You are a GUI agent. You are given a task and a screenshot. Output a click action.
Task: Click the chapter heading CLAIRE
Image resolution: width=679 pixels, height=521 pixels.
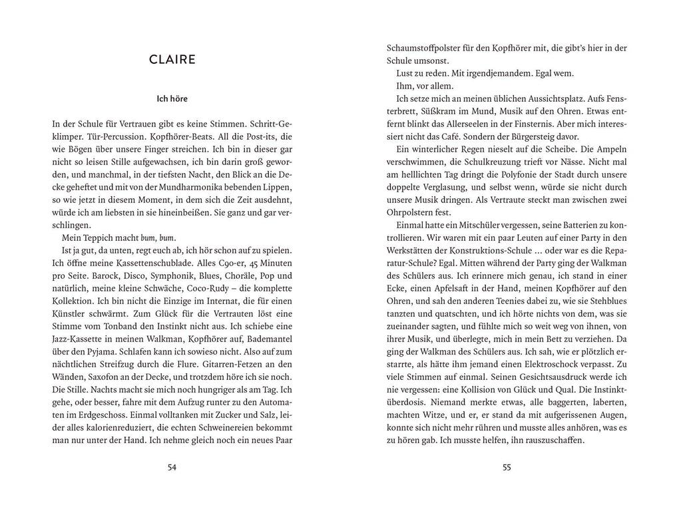(172, 60)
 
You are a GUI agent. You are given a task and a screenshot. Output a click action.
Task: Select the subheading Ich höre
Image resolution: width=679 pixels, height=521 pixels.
(172, 99)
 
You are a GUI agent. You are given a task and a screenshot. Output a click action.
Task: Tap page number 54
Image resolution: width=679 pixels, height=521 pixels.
(172, 468)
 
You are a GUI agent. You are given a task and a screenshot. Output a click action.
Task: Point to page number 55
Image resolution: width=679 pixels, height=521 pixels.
(507, 468)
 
